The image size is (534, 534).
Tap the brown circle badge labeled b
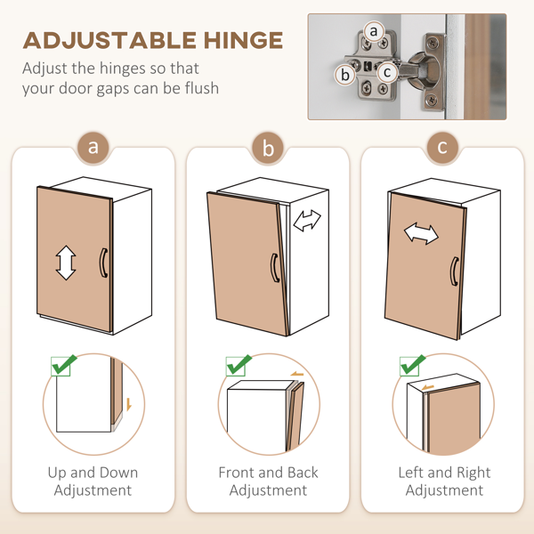click(269, 148)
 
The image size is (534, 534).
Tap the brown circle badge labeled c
click(442, 148)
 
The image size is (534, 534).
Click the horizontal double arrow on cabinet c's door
click(421, 234)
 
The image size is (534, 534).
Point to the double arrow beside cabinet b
click(307, 221)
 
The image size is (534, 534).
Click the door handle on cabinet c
click(454, 271)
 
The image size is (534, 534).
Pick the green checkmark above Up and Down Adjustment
click(63, 365)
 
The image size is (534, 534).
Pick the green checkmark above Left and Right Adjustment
click(412, 365)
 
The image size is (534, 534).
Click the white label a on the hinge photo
click(374, 31)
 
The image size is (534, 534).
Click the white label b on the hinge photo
click(345, 75)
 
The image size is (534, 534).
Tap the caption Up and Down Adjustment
click(93, 481)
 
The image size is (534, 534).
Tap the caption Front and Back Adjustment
click(268, 481)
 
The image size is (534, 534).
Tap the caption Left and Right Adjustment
click(443, 481)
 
